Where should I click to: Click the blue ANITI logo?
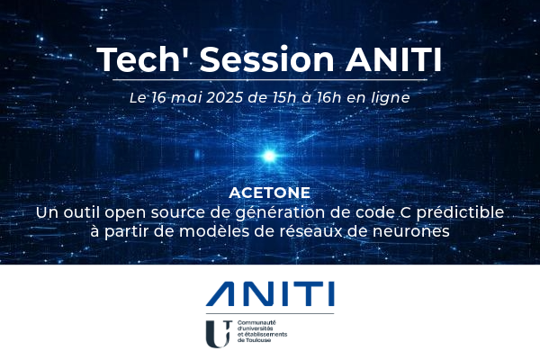[269, 292]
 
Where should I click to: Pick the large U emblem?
[217, 333]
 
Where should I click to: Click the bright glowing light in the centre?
[270, 148]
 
